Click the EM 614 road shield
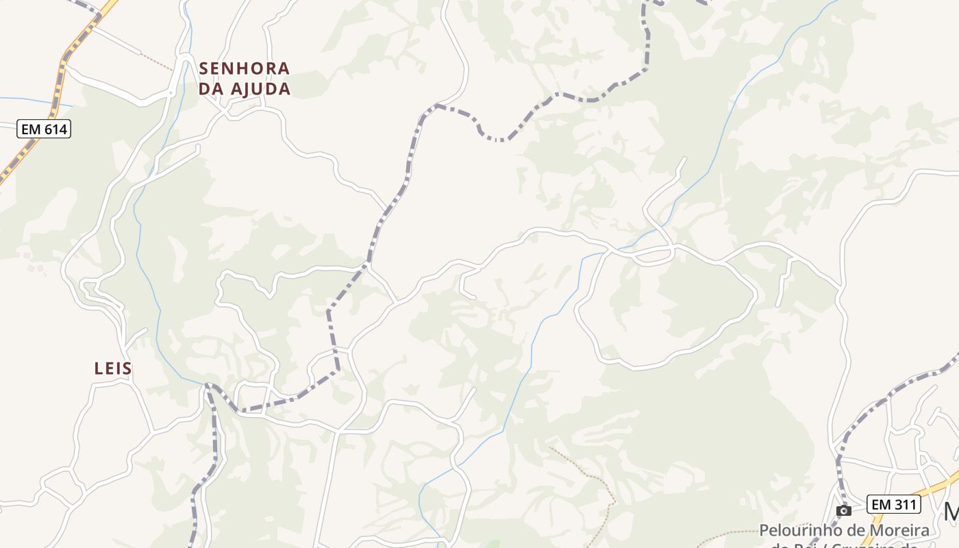45,129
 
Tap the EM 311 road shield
894,505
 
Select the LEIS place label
113,369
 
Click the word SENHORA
245,68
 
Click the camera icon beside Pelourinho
844,510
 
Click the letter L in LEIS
98,369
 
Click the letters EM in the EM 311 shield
882,505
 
